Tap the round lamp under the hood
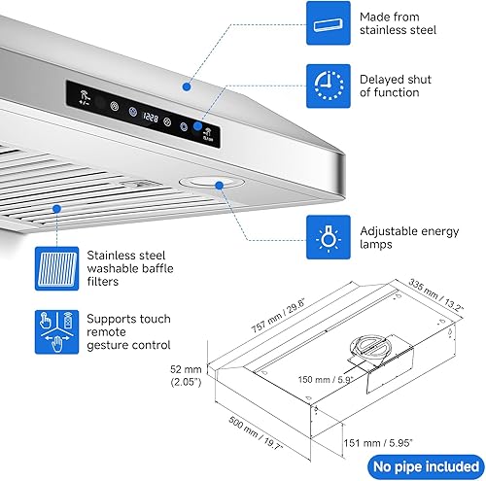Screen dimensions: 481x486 click(205, 181)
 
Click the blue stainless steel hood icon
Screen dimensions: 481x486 click(330, 23)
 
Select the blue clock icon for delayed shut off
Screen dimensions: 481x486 click(330, 86)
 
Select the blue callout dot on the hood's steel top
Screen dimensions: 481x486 click(189, 85)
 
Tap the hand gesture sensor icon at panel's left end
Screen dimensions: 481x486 click(84, 98)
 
